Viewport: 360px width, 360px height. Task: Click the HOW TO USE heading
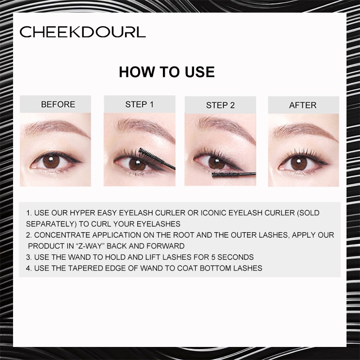pos(166,72)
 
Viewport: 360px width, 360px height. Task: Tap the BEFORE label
pos(58,104)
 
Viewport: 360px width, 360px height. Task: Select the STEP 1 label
pos(139,104)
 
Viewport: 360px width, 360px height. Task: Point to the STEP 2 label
pos(220,105)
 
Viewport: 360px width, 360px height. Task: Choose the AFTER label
pos(302,105)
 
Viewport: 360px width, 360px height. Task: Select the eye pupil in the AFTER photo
pos(297,162)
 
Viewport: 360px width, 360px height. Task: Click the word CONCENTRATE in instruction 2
pos(61,235)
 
